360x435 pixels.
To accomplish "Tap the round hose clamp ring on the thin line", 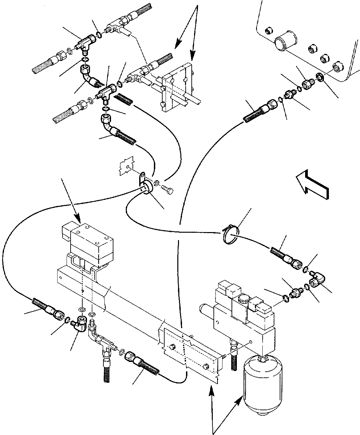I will [231, 236].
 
